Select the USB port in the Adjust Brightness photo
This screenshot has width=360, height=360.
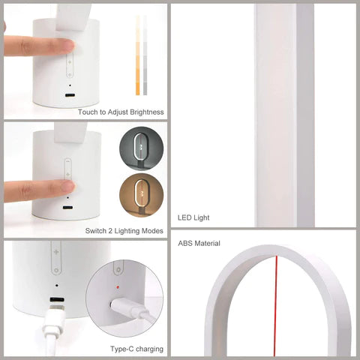click(x=69, y=96)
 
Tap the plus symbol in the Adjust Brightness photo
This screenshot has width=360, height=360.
click(x=69, y=65)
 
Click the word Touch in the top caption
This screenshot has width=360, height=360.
click(x=87, y=112)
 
